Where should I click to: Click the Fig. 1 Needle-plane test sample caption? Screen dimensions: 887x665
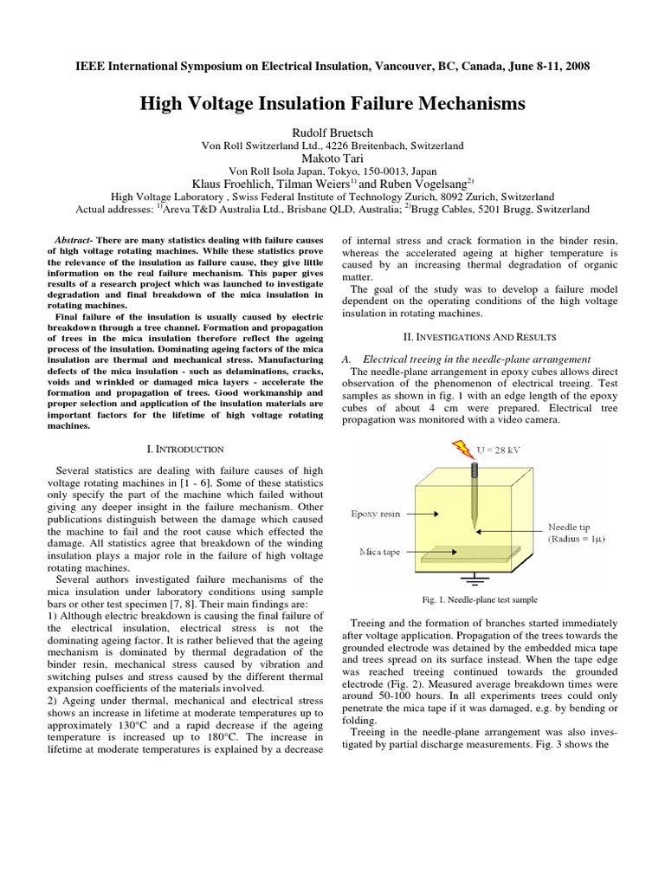pyautogui.click(x=480, y=599)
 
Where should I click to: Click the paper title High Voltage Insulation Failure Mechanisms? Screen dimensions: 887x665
pyautogui.click(x=332, y=104)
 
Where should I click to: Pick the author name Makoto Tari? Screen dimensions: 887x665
pyautogui.click(x=332, y=159)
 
